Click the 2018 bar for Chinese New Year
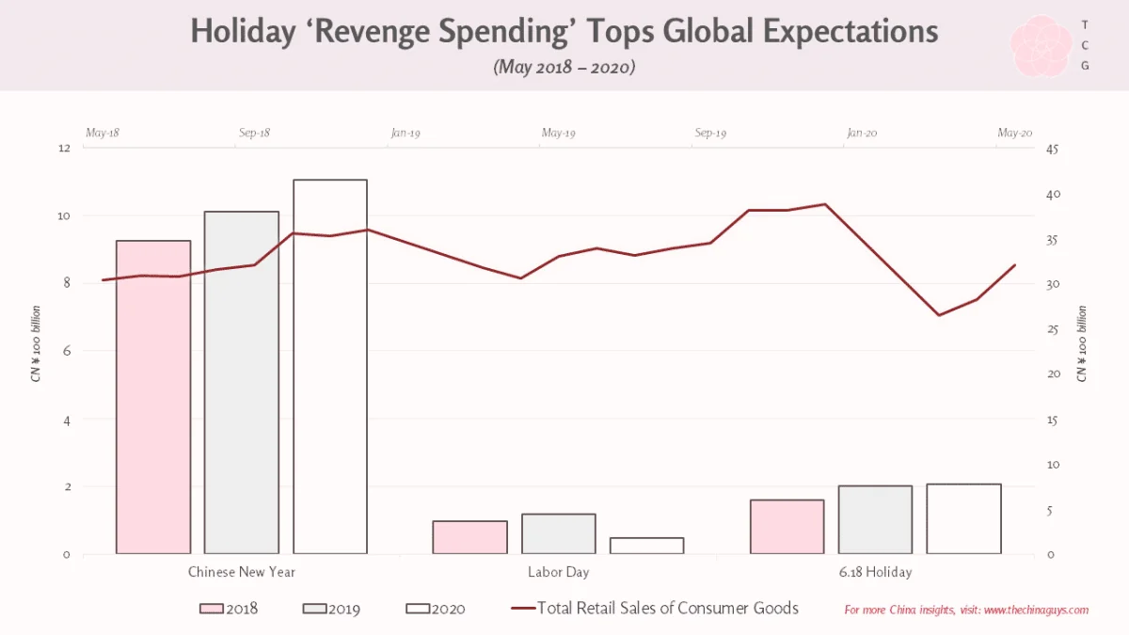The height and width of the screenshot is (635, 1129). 153,397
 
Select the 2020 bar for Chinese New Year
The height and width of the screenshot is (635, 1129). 330,366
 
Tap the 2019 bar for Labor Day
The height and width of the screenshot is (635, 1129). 559,533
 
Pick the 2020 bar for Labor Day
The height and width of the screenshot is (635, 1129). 646,546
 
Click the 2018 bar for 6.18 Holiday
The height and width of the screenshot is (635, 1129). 787,527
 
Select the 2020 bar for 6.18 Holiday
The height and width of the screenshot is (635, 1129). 963,519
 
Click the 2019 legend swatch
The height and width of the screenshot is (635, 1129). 314,609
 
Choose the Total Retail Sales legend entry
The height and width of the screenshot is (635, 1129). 655,609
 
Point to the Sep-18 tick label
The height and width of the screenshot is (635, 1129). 254,133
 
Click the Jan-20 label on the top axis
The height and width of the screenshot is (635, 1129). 862,133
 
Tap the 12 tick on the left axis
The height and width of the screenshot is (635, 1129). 64,148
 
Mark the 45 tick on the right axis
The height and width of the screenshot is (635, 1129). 1052,150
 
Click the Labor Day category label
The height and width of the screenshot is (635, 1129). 559,572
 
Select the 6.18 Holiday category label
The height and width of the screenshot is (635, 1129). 876,572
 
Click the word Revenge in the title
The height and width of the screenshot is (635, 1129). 373,31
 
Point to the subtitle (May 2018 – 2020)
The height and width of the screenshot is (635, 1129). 564,67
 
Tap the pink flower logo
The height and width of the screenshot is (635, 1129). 1042,45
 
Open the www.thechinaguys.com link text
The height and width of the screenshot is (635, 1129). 1036,610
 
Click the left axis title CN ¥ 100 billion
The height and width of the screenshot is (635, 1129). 36,343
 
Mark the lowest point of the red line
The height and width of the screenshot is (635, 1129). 939,315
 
